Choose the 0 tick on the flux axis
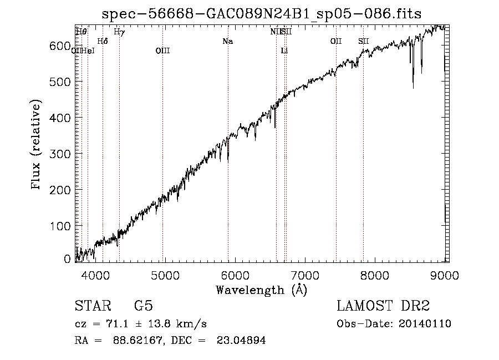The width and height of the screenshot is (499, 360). pyautogui.click(x=68, y=258)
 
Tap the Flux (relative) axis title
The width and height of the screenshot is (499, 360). pyautogui.click(x=37, y=145)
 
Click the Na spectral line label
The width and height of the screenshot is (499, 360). pyautogui.click(x=227, y=41)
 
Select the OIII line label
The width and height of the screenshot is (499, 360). pyautogui.click(x=162, y=51)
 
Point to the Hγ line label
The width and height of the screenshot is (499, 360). pyautogui.click(x=119, y=32)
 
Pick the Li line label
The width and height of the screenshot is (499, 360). pyautogui.click(x=284, y=51)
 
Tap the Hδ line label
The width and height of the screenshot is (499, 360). pyautogui.click(x=102, y=41)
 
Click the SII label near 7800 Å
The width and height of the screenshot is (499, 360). pyautogui.click(x=363, y=41)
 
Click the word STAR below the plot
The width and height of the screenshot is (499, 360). pyautogui.click(x=92, y=306)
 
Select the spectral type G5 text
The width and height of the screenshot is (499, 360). pyautogui.click(x=144, y=306)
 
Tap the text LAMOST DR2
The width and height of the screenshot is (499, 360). pyautogui.click(x=383, y=306)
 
